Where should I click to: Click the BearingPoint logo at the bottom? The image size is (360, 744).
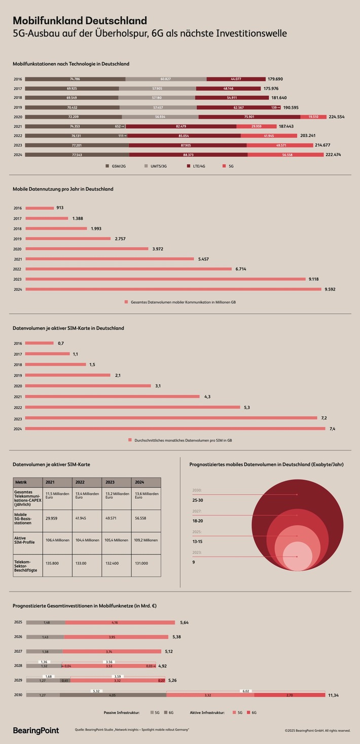pyautogui.click(x=35, y=730)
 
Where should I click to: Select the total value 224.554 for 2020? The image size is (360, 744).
pyautogui.click(x=336, y=117)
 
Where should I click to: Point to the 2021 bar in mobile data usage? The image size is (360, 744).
pyautogui.click(x=110, y=259)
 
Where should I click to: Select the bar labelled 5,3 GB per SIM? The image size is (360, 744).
pyautogui.click(x=132, y=407)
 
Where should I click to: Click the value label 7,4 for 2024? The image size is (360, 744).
pyautogui.click(x=332, y=429)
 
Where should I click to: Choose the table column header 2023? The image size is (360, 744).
pyautogui.click(x=111, y=482)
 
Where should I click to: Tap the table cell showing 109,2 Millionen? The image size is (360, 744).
pyautogui.click(x=146, y=540)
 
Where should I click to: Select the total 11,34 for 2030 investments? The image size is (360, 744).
pyautogui.click(x=333, y=695)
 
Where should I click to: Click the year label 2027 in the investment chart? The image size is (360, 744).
pyautogui.click(x=18, y=652)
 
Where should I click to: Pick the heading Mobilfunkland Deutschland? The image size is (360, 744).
pyautogui.click(x=80, y=20)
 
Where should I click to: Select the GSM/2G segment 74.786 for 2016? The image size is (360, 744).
pyautogui.click(x=75, y=79)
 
